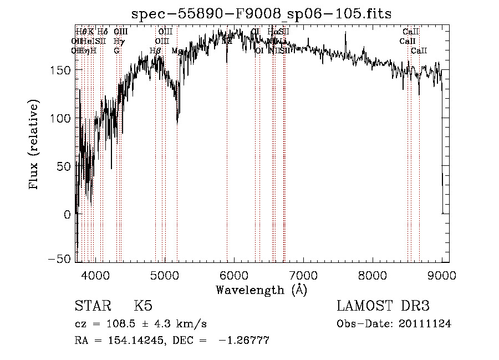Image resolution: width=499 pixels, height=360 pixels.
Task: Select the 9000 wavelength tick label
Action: tap(441, 275)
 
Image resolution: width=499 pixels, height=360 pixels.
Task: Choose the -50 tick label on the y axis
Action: tap(60, 259)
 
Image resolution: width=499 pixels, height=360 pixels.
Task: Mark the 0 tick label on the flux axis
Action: tap(67, 214)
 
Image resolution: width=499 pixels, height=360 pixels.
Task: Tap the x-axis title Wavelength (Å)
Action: tap(261, 290)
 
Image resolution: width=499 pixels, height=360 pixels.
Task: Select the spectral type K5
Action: tap(143, 306)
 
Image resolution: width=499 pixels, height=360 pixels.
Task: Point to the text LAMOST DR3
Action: tap(383, 306)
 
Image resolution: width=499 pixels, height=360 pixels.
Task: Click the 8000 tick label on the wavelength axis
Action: tap(372, 275)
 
